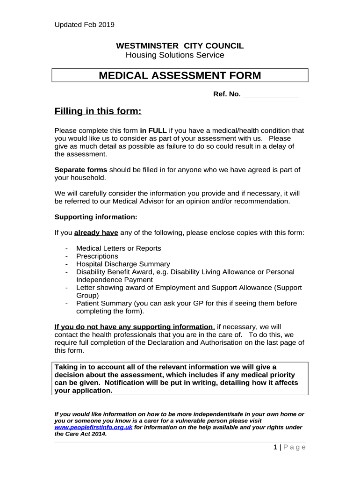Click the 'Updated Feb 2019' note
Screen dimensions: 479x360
coord(84,25)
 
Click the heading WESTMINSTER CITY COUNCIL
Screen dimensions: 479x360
coord(180,46)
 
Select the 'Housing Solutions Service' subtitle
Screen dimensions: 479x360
coord(175,55)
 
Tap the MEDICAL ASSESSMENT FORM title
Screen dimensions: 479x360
coord(180,76)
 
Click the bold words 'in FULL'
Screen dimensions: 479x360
coord(153,131)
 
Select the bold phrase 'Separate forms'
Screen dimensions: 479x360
coord(81,169)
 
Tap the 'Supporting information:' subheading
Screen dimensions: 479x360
coord(96,217)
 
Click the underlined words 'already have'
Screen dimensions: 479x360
coord(96,232)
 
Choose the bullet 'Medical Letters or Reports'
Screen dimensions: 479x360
coord(119,248)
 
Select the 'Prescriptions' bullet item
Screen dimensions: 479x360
coord(97,256)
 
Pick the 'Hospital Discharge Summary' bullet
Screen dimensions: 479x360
coord(123,264)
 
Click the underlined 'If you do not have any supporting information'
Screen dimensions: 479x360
coord(134,327)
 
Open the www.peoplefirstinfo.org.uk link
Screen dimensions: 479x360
coord(94,428)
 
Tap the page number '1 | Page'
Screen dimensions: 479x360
coord(289,447)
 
